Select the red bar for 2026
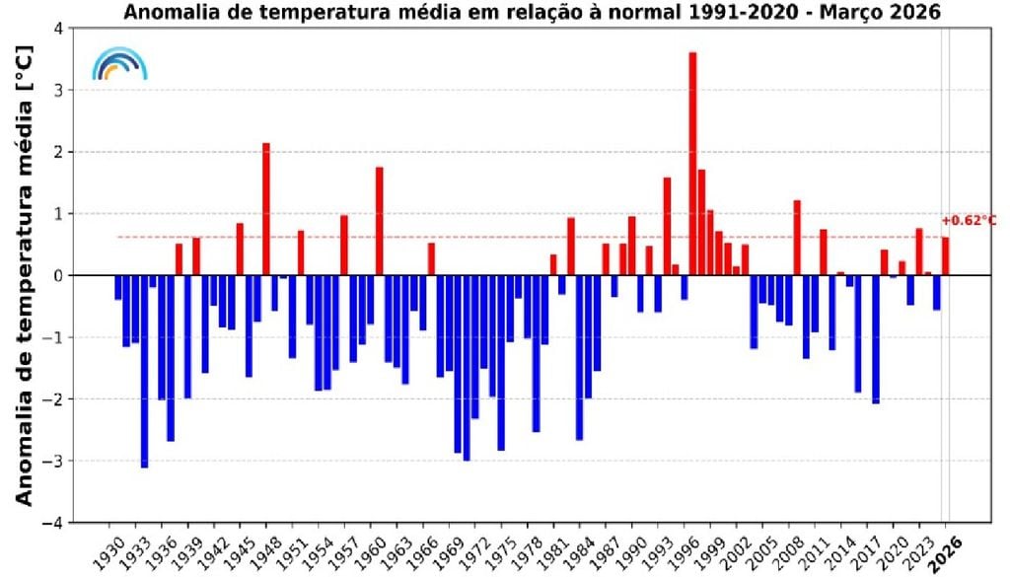click(945, 256)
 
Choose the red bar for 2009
click(797, 238)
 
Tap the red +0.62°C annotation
click(969, 221)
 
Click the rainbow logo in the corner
click(119, 64)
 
